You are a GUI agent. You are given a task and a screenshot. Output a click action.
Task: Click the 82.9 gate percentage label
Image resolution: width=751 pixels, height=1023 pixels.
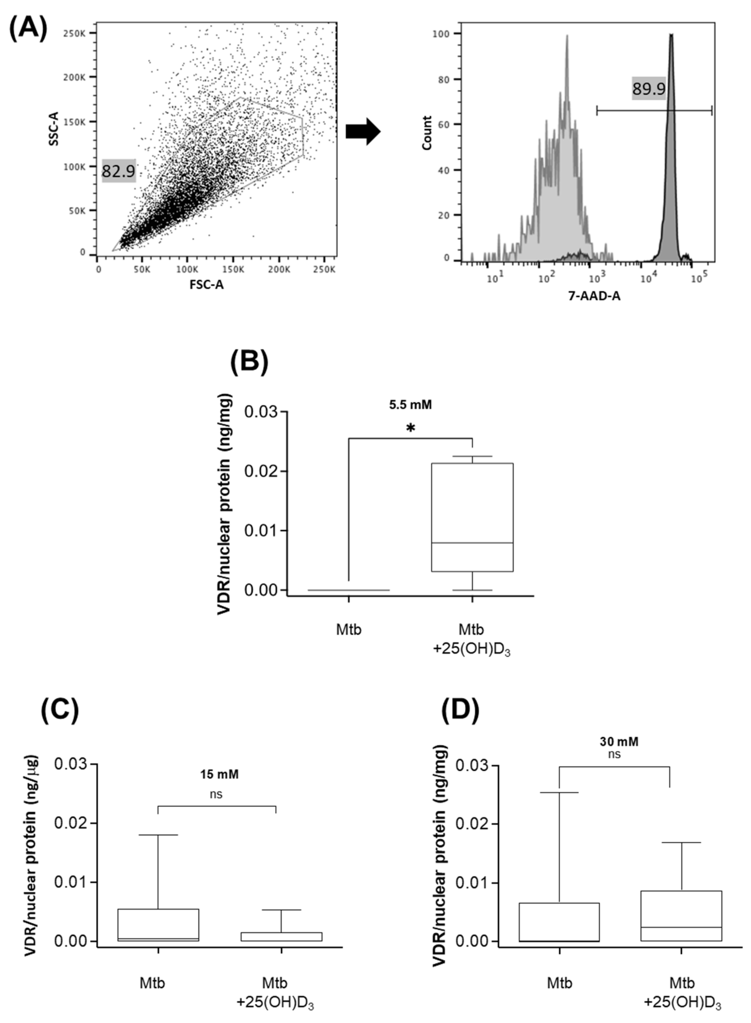[x=118, y=171]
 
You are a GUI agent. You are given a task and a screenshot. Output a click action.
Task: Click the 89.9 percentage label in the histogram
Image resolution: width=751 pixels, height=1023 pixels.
[x=649, y=88]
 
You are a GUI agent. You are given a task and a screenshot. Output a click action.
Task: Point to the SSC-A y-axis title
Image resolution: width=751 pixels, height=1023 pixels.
[x=54, y=129]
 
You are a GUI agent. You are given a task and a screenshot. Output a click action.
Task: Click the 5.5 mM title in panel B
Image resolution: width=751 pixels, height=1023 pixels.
[x=410, y=404]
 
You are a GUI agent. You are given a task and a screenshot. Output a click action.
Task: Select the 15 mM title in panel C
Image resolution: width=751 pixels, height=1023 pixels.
[x=219, y=774]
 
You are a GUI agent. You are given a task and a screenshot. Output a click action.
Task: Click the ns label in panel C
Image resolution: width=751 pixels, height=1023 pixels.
[x=216, y=794]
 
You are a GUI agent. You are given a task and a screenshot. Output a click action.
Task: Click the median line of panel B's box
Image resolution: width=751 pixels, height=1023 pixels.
[x=472, y=543]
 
